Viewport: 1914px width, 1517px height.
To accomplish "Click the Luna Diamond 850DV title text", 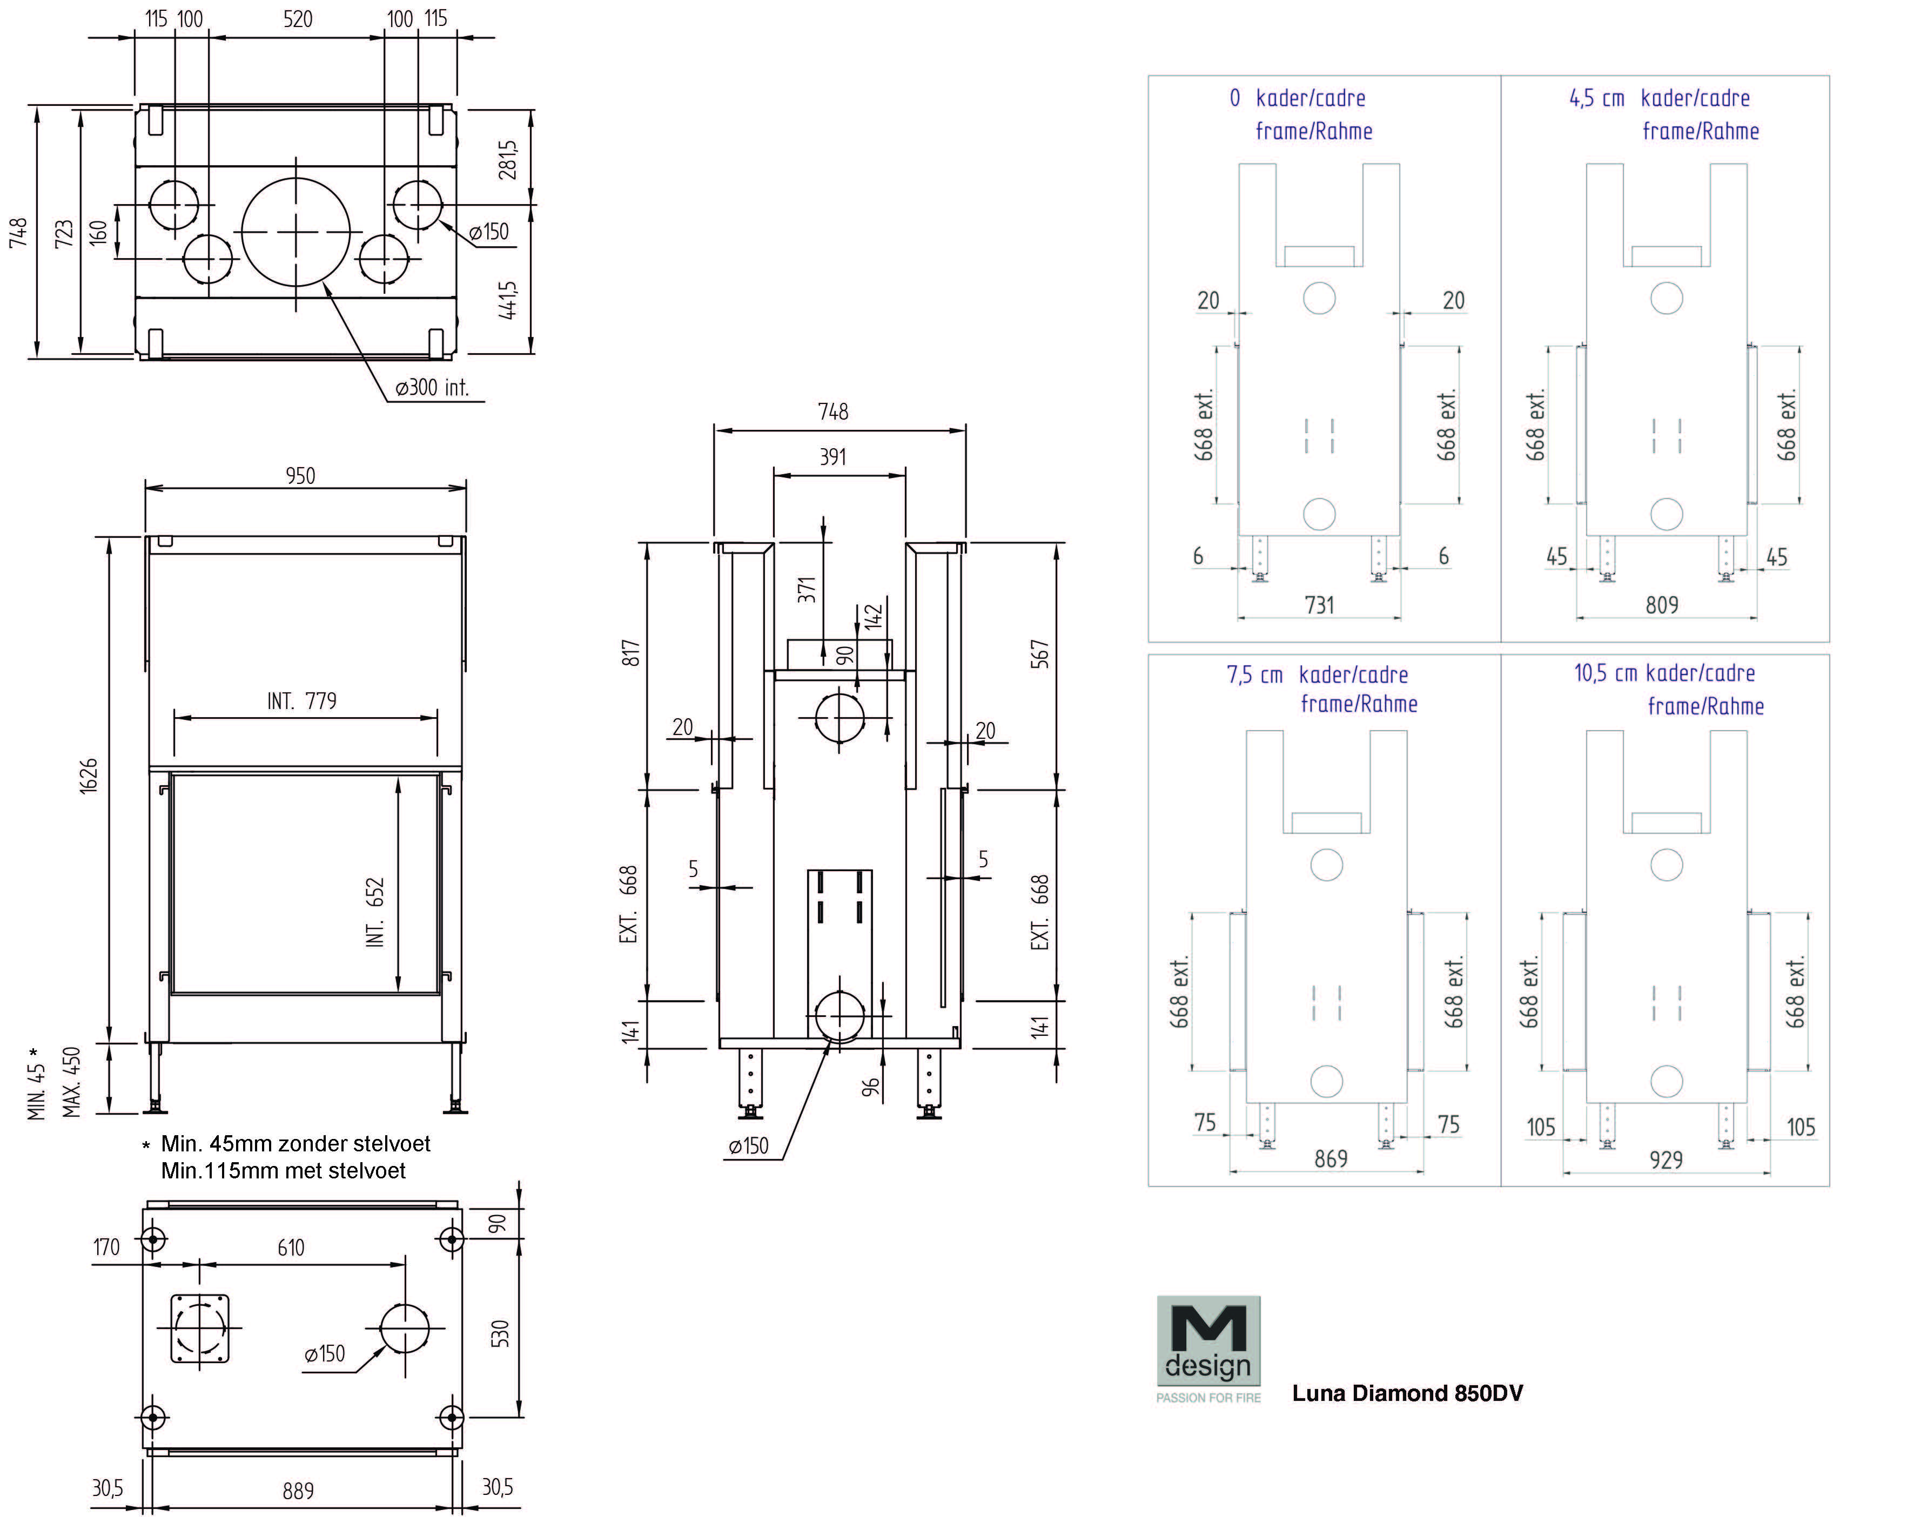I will point(1407,1393).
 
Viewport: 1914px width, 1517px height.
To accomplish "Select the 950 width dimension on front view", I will point(300,476).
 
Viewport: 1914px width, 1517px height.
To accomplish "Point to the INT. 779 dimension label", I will point(302,701).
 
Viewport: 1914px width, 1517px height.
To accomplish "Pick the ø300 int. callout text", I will point(432,388).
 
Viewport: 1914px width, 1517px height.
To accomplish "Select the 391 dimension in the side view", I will point(832,457).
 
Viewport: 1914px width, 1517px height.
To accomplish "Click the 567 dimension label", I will point(1039,654).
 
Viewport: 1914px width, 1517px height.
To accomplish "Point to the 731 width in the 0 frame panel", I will point(1319,605).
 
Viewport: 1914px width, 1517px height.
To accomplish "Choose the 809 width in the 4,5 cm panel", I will point(1662,605).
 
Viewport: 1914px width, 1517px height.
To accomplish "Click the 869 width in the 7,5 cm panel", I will point(1330,1158).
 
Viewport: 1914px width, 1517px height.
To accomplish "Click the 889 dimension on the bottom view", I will point(298,1491).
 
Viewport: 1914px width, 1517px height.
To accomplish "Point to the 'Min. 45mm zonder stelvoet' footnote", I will point(295,1143).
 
